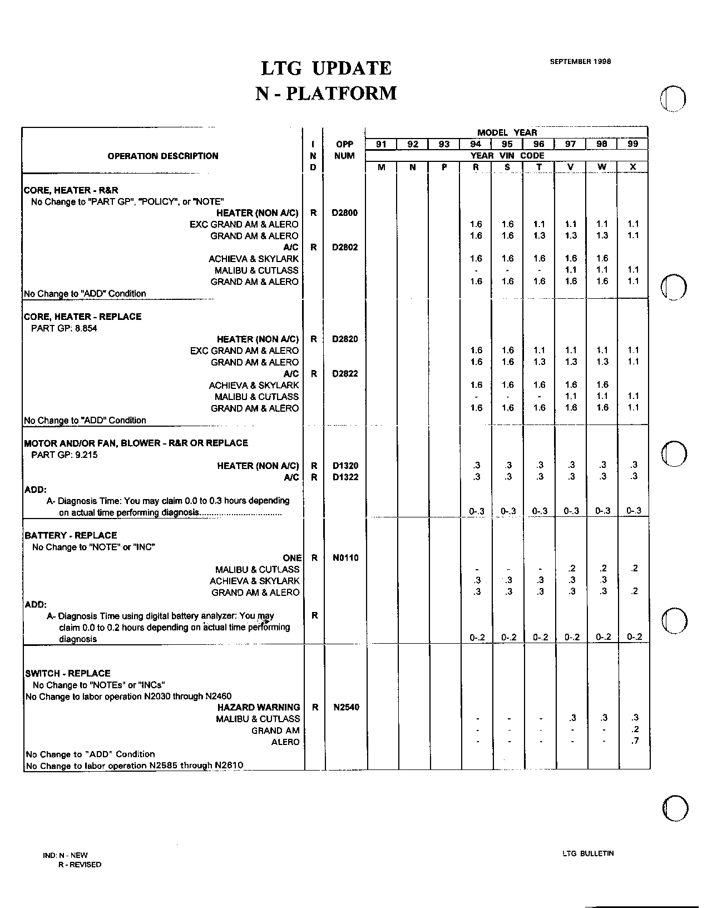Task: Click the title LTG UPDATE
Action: click(x=327, y=68)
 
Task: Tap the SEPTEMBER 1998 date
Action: click(x=580, y=62)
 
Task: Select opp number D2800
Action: click(x=345, y=213)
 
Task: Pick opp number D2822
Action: click(x=345, y=374)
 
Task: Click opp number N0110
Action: click(x=345, y=558)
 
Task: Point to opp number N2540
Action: click(x=346, y=707)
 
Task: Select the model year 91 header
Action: click(x=381, y=144)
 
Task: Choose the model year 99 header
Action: click(x=633, y=144)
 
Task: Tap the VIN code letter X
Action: click(x=633, y=167)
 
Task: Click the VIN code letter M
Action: click(x=381, y=167)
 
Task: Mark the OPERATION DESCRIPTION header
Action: click(x=163, y=156)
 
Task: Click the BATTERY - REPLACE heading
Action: click(x=71, y=535)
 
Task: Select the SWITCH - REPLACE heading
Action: click(x=68, y=673)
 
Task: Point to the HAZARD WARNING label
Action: click(x=259, y=707)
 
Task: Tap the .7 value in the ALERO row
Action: click(x=635, y=742)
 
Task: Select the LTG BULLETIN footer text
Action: click(x=588, y=853)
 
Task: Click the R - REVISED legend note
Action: click(x=80, y=865)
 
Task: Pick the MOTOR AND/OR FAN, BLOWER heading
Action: click(x=136, y=443)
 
